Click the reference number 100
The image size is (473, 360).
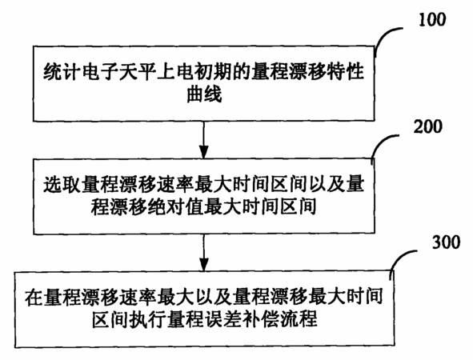(x=432, y=19)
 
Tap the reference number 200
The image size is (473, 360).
(x=427, y=126)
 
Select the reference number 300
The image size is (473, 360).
(x=446, y=242)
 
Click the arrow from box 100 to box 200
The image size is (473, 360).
(x=204, y=140)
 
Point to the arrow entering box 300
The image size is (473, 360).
(x=204, y=254)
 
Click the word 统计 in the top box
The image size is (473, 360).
(x=62, y=72)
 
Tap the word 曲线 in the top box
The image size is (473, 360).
(x=204, y=94)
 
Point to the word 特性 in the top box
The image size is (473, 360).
(x=346, y=72)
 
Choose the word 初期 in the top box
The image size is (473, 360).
(x=213, y=72)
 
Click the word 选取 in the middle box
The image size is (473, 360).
(x=62, y=185)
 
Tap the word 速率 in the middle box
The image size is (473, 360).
(x=175, y=185)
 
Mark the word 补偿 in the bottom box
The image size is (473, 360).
(x=261, y=319)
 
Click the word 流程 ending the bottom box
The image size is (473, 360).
(x=299, y=319)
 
